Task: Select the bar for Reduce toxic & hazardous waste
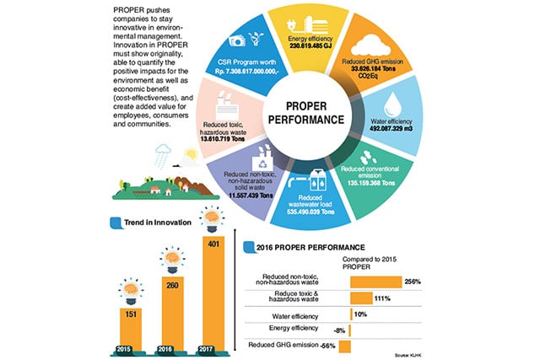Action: [x=360, y=298]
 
